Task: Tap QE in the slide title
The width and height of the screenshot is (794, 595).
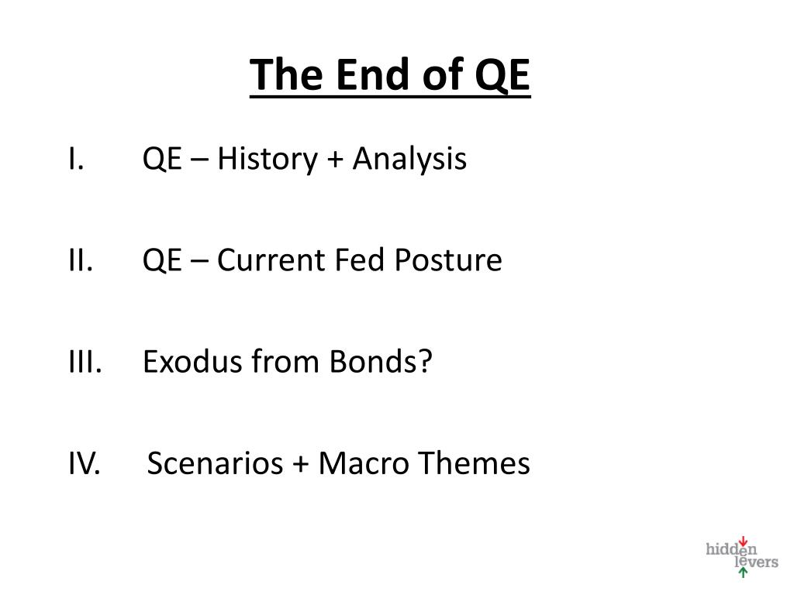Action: [x=502, y=76]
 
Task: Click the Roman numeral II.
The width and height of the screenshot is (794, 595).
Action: [x=81, y=260]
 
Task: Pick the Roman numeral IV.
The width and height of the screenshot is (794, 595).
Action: [x=83, y=464]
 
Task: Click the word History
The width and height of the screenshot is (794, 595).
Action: [x=267, y=160]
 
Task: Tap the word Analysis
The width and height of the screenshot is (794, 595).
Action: [x=409, y=160]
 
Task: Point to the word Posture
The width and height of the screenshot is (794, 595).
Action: [x=448, y=260]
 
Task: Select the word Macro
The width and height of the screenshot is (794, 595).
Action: [x=363, y=464]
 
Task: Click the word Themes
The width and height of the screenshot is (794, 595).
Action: [x=475, y=464]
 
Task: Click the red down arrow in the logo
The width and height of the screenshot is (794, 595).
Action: [x=743, y=542]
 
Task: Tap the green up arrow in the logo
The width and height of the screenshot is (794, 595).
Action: [x=743, y=573]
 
